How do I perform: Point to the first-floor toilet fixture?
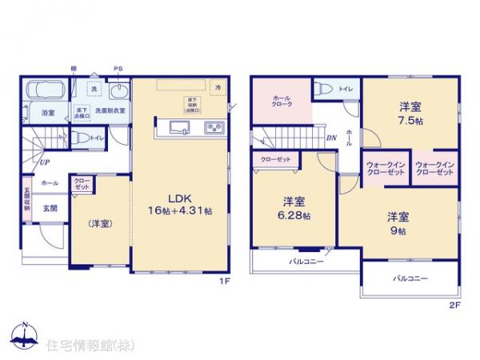[81, 138]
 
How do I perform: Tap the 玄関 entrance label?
[50, 208]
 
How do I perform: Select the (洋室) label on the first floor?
[100, 223]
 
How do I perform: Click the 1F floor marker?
[226, 282]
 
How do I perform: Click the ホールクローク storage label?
[282, 102]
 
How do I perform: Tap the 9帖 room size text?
[398, 230]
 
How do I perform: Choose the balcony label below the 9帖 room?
[410, 279]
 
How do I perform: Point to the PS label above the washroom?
[118, 70]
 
